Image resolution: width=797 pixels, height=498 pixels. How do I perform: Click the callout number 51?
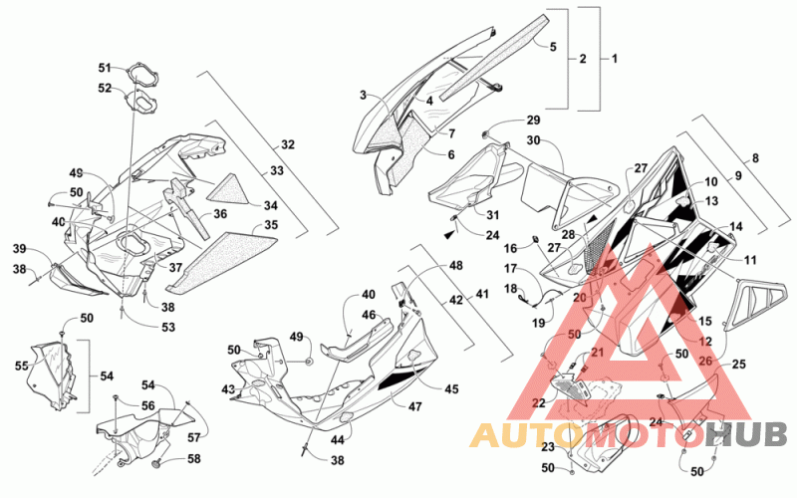click(105, 68)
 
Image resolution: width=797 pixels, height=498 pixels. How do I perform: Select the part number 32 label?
click(288, 144)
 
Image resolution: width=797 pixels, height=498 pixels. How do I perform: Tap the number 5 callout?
click(553, 47)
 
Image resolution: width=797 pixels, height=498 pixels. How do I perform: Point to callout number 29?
click(533, 121)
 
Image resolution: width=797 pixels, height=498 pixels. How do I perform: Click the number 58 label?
click(194, 459)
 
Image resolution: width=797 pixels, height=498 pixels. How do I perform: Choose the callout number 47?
click(415, 406)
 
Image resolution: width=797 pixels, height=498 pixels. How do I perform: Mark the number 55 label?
click(21, 366)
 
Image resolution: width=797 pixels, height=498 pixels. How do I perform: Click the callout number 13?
click(712, 201)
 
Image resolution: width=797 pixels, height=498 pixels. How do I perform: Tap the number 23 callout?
click(548, 447)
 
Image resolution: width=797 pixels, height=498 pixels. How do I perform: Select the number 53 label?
click(168, 327)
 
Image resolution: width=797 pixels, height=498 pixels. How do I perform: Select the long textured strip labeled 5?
click(494, 56)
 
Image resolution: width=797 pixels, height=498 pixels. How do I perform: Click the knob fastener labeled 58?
click(157, 463)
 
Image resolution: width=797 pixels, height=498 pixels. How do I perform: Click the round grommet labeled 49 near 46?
click(309, 361)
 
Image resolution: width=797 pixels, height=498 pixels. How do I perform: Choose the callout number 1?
click(615, 59)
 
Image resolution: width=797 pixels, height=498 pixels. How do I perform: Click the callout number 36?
click(220, 214)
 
